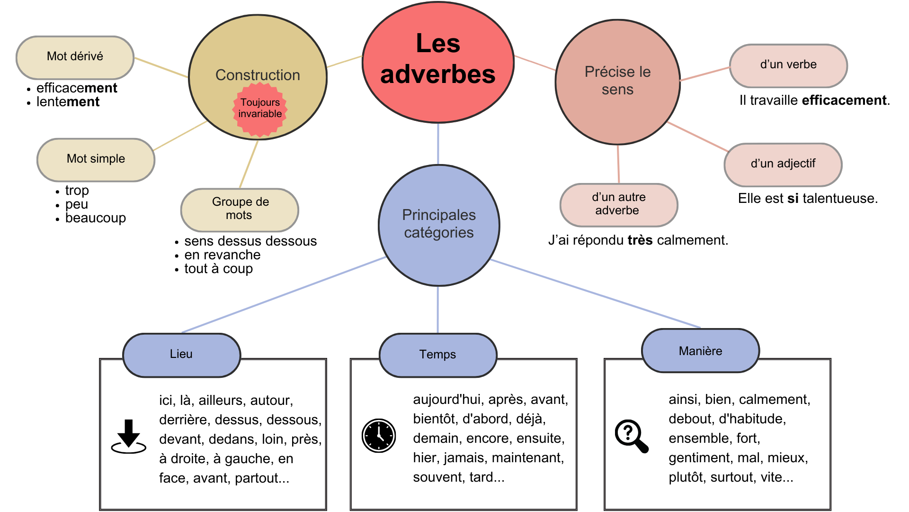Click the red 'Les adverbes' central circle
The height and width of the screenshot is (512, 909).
click(x=438, y=62)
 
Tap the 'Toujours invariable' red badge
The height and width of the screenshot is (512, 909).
click(x=260, y=109)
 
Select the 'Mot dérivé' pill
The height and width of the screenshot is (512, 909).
click(x=75, y=57)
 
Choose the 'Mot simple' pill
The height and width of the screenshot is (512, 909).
click(x=96, y=159)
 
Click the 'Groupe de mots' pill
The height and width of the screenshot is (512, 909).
click(x=240, y=209)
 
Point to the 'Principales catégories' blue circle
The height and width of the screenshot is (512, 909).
click(x=439, y=224)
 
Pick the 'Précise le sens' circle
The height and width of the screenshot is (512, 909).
click(x=617, y=81)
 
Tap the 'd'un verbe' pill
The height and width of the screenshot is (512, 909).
click(x=788, y=65)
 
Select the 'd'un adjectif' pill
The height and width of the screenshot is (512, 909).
click(x=783, y=164)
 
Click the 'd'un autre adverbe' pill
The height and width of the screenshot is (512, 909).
click(x=618, y=204)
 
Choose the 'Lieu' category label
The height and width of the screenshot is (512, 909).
click(x=181, y=355)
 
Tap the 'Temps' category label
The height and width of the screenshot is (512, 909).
click(x=438, y=355)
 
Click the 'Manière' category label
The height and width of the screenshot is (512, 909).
click(x=700, y=351)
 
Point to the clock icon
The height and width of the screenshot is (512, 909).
click(x=379, y=436)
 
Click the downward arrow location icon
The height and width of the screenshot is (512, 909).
click(x=129, y=437)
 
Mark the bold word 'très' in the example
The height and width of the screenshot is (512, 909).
click(x=640, y=240)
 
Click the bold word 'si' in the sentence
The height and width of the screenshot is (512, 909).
click(x=793, y=199)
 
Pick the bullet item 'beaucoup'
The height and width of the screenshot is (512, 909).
click(x=96, y=218)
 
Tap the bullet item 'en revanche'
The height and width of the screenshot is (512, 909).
click(x=223, y=255)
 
